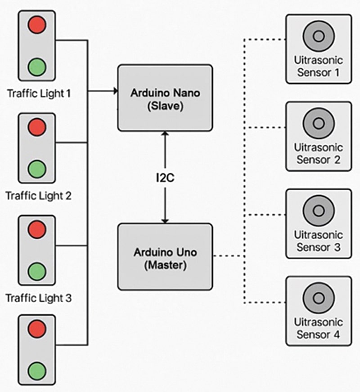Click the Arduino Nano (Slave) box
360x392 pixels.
(165, 98)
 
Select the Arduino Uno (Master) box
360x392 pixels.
(165, 257)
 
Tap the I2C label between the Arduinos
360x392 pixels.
(165, 178)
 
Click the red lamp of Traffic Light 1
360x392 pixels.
(36, 25)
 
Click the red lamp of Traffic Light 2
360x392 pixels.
(36, 127)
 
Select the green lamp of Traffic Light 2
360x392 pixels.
(36, 169)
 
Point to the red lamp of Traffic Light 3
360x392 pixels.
(36, 230)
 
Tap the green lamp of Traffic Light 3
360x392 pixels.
(36, 272)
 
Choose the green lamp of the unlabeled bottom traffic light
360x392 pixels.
(36, 371)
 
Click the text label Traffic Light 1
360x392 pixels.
(39, 94)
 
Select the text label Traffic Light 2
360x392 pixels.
(39, 196)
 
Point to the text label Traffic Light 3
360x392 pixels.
(39, 298)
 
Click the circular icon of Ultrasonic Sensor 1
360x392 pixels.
(319, 36)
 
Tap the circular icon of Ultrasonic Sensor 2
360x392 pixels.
(319, 123)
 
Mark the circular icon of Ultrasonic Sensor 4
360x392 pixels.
(319, 298)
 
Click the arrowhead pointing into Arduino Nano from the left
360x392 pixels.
(115, 91)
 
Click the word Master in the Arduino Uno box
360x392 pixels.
(165, 265)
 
